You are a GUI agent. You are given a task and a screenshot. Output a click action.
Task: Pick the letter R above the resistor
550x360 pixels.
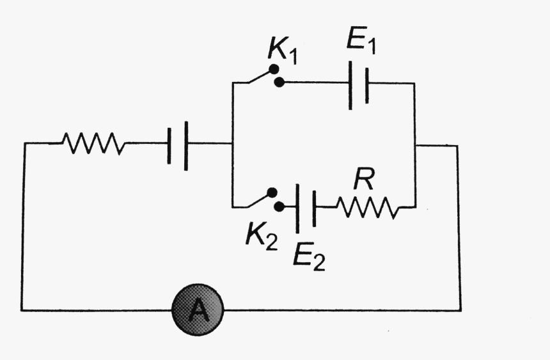tap(363, 180)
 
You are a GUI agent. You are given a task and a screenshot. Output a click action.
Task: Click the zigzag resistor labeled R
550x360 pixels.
tap(366, 207)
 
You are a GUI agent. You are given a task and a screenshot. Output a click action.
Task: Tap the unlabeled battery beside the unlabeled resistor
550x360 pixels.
tap(178, 143)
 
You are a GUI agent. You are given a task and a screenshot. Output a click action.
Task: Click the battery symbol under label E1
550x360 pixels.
tap(358, 83)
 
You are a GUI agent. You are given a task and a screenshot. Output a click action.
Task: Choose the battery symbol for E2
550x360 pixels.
tap(306, 207)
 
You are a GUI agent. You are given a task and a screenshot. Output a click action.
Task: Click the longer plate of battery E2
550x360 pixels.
tap(297, 207)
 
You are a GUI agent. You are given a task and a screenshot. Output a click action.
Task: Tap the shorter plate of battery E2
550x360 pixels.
tap(314, 207)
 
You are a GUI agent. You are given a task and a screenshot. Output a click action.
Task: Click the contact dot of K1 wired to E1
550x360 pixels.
tap(278, 82)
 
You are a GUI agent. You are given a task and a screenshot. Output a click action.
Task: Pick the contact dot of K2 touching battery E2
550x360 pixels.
tap(278, 207)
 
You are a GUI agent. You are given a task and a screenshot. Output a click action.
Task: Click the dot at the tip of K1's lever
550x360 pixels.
tap(273, 68)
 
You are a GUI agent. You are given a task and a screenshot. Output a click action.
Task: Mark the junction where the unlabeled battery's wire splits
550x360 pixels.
tap(232, 143)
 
